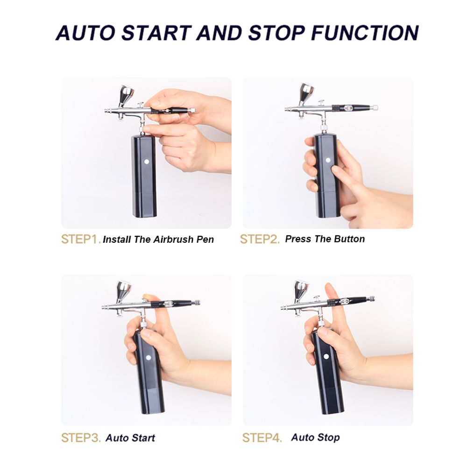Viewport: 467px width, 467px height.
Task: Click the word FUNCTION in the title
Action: point(365,33)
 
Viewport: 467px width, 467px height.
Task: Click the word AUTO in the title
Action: point(85,33)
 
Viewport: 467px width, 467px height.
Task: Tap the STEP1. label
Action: point(81,239)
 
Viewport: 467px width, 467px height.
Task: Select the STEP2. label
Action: point(260,239)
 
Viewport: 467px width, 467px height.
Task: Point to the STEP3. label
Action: point(81,438)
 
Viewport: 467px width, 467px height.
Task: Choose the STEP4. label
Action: point(262,438)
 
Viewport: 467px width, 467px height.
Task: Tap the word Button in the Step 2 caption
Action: point(349,239)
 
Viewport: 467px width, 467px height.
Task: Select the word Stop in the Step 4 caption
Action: point(328,438)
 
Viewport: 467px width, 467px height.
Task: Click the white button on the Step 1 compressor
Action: point(147,162)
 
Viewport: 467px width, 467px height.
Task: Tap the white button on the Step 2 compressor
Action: point(328,160)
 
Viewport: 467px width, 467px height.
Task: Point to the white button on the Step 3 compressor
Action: point(149,358)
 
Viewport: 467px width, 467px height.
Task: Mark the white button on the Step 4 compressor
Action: point(326,356)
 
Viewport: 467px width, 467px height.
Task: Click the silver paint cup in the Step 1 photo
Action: point(126,95)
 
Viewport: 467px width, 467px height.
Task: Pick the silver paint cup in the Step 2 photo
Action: point(306,93)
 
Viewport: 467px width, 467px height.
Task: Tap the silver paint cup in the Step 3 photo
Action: point(123,291)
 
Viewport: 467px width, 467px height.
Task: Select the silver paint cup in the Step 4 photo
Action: point(301,291)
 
